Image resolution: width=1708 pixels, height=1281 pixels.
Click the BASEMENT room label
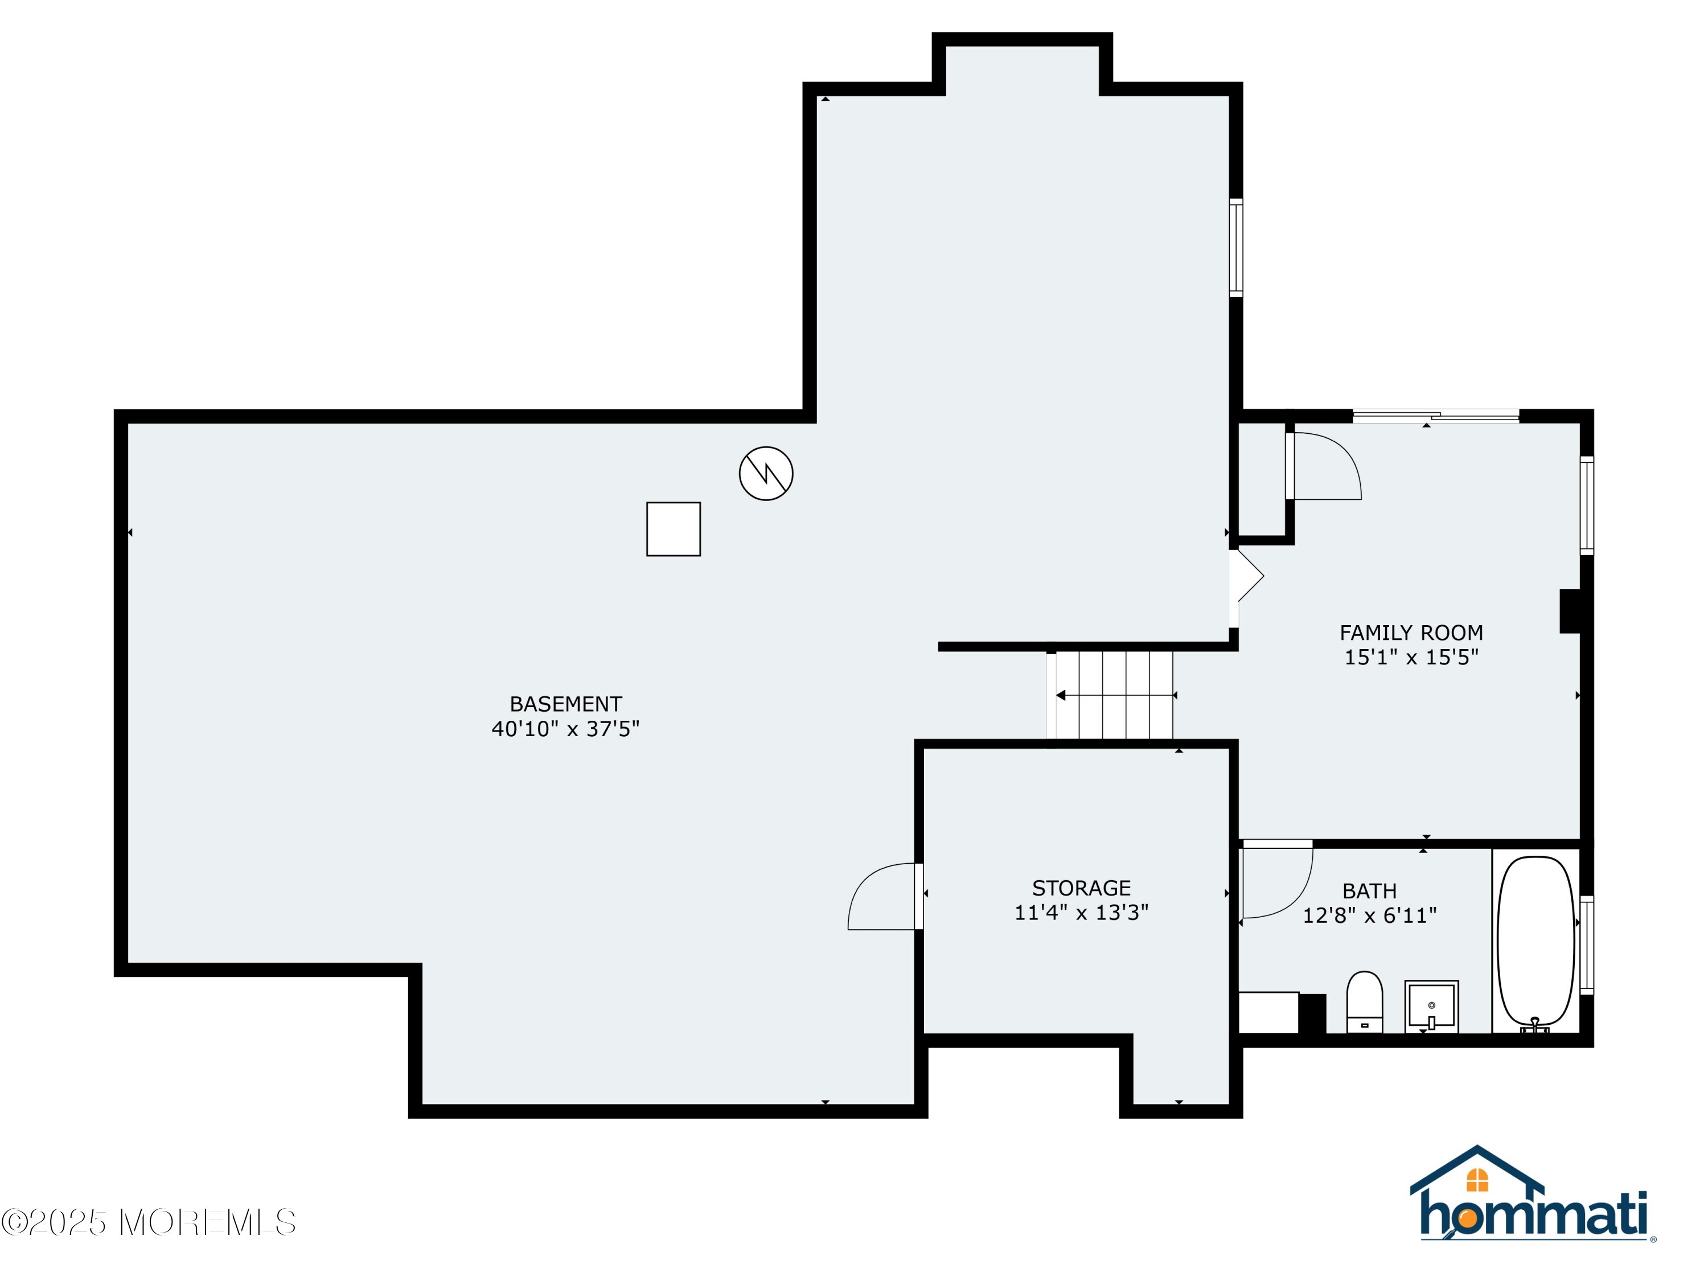pyautogui.click(x=565, y=704)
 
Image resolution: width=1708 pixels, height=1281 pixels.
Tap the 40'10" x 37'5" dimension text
pyautogui.click(x=565, y=729)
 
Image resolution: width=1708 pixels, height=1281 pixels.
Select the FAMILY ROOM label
pyautogui.click(x=1411, y=633)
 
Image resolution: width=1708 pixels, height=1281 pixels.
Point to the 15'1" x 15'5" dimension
pyautogui.click(x=1411, y=657)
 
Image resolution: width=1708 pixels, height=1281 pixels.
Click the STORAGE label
pyautogui.click(x=1081, y=888)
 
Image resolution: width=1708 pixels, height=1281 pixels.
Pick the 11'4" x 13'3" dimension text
pyautogui.click(x=1081, y=913)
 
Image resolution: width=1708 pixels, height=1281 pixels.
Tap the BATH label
pyautogui.click(x=1370, y=891)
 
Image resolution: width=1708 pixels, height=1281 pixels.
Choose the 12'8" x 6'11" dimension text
pyautogui.click(x=1370, y=915)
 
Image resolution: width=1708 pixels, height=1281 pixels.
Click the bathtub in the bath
pyautogui.click(x=1536, y=943)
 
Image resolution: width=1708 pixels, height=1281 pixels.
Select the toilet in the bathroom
pyautogui.click(x=1364, y=1001)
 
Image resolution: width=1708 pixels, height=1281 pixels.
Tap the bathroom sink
pyautogui.click(x=1431, y=1006)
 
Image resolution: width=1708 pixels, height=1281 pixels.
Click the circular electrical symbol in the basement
pyautogui.click(x=766, y=473)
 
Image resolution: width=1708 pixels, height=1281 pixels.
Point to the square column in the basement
pyautogui.click(x=674, y=529)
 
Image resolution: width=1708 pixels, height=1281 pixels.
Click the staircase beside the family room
pyautogui.click(x=1110, y=696)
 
